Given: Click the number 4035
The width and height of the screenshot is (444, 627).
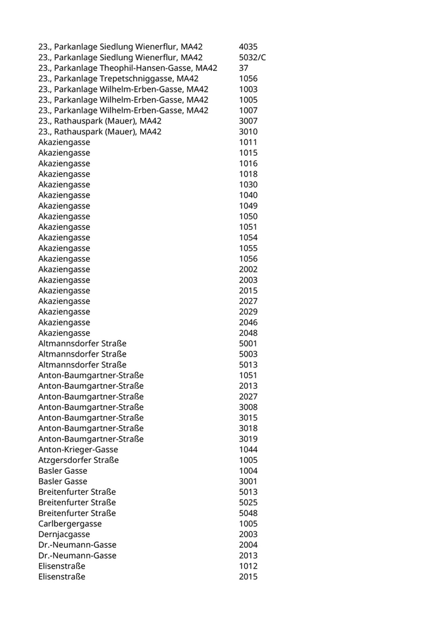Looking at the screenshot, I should pyautogui.click(x=248, y=47).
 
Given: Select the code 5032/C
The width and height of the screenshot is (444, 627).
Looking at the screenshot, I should pyautogui.click(x=252, y=58).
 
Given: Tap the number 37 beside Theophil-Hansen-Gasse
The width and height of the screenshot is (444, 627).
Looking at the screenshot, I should pyautogui.click(x=244, y=68).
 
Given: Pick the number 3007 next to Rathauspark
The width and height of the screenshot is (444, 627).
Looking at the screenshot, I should pyautogui.click(x=248, y=121).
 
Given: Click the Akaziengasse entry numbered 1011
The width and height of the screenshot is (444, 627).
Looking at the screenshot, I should pyautogui.click(x=64, y=142).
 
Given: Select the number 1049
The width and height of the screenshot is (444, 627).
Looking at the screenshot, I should pyautogui.click(x=248, y=206).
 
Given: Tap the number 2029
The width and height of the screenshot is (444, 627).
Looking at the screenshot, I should pyautogui.click(x=248, y=312).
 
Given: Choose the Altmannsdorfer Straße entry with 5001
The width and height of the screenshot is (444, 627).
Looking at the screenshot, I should pyautogui.click(x=82, y=344).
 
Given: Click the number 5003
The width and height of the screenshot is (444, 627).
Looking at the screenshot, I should pyautogui.click(x=248, y=354).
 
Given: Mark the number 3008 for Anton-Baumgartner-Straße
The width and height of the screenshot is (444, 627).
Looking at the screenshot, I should pyautogui.click(x=248, y=407).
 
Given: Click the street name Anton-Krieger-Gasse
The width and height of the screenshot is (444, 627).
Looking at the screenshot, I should pyautogui.click(x=78, y=450).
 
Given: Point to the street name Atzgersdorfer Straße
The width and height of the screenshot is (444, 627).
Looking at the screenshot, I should pyautogui.click(x=79, y=460).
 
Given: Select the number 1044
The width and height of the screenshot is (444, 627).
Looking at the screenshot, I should pyautogui.click(x=248, y=450).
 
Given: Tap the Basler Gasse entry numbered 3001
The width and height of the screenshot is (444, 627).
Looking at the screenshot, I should pyautogui.click(x=63, y=481).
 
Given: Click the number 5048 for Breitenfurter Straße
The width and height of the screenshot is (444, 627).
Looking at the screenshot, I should pyautogui.click(x=248, y=513).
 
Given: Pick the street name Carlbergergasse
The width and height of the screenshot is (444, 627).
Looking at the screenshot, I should pyautogui.click(x=70, y=524).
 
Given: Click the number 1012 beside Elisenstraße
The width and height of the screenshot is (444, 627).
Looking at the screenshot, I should pyautogui.click(x=248, y=566).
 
